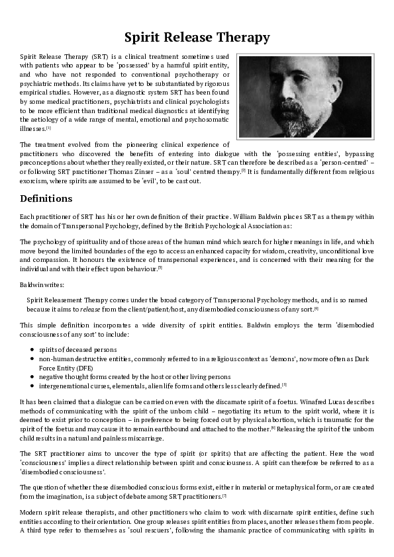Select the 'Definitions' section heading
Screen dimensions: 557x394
click(x=46, y=198)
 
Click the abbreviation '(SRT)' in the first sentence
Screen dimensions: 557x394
click(x=100, y=58)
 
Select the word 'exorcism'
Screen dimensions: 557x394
click(x=34, y=181)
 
